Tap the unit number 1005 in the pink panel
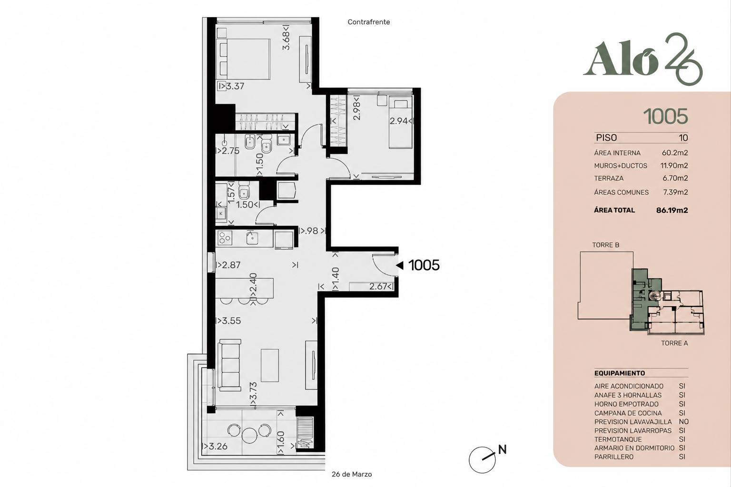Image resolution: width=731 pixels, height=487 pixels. click(665, 117)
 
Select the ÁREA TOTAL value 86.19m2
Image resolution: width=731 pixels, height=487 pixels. click(672, 210)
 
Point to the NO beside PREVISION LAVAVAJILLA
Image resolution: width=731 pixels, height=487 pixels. click(684, 422)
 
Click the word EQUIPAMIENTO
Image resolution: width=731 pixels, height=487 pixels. click(620, 373)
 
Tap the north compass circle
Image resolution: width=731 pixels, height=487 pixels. click(482, 460)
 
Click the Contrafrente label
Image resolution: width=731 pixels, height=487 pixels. click(369, 22)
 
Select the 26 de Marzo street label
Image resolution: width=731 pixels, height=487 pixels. click(352, 474)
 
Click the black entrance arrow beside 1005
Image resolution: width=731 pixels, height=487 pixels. click(400, 265)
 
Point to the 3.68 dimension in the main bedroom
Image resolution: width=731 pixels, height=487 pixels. click(286, 40)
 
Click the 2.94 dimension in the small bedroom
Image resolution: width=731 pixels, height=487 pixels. click(398, 121)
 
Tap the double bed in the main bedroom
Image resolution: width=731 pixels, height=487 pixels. click(243, 59)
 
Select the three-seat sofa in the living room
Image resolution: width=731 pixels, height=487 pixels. click(230, 365)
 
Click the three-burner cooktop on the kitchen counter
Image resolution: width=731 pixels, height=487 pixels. click(225, 238)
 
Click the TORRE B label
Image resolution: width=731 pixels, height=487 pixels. click(606, 245)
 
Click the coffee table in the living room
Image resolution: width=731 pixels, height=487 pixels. click(270, 365)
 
